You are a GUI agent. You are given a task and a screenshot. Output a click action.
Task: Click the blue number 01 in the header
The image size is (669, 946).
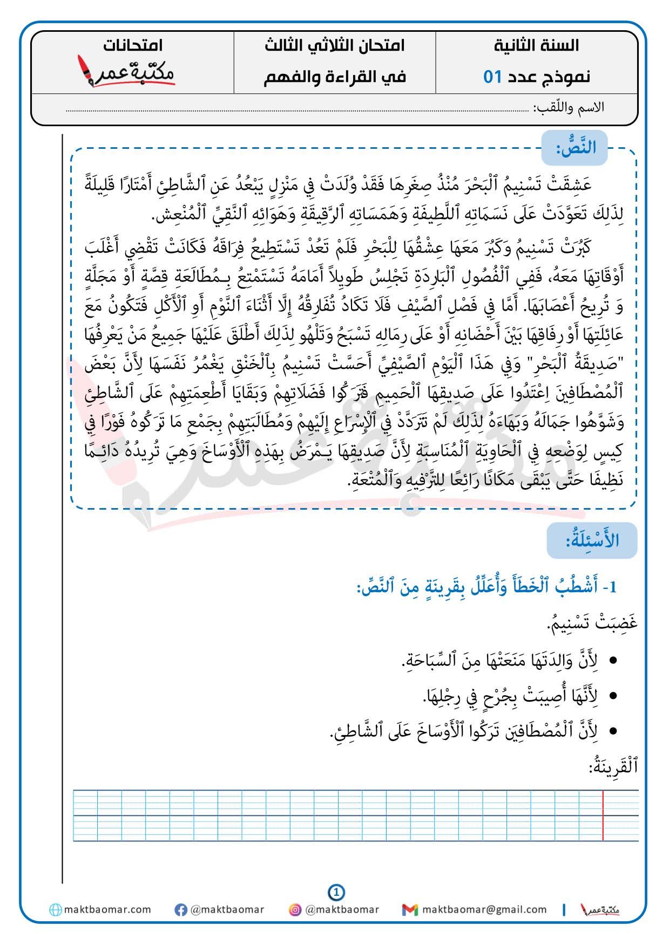492,77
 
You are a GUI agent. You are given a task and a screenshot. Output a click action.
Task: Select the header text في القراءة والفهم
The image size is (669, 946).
335,77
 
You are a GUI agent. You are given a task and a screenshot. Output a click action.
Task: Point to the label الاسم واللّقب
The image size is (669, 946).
569,107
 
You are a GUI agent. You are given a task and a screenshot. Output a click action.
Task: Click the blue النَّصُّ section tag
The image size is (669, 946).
575,148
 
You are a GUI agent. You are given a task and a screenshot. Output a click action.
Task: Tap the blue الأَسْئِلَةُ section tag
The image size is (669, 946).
592,540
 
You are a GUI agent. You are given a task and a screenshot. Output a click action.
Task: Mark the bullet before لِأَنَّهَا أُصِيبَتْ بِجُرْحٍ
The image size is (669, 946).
613,696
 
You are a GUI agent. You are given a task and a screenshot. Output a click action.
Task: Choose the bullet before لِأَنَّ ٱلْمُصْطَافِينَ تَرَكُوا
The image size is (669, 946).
613,732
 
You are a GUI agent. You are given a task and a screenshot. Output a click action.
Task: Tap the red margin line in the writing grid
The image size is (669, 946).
603,815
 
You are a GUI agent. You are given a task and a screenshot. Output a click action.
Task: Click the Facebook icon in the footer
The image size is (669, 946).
181,910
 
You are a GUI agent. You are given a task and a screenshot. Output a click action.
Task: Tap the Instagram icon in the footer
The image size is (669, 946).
295,910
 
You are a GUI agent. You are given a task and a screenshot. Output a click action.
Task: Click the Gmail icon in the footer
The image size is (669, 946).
410,910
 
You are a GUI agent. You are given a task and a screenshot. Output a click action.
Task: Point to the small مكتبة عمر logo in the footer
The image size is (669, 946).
599,910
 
